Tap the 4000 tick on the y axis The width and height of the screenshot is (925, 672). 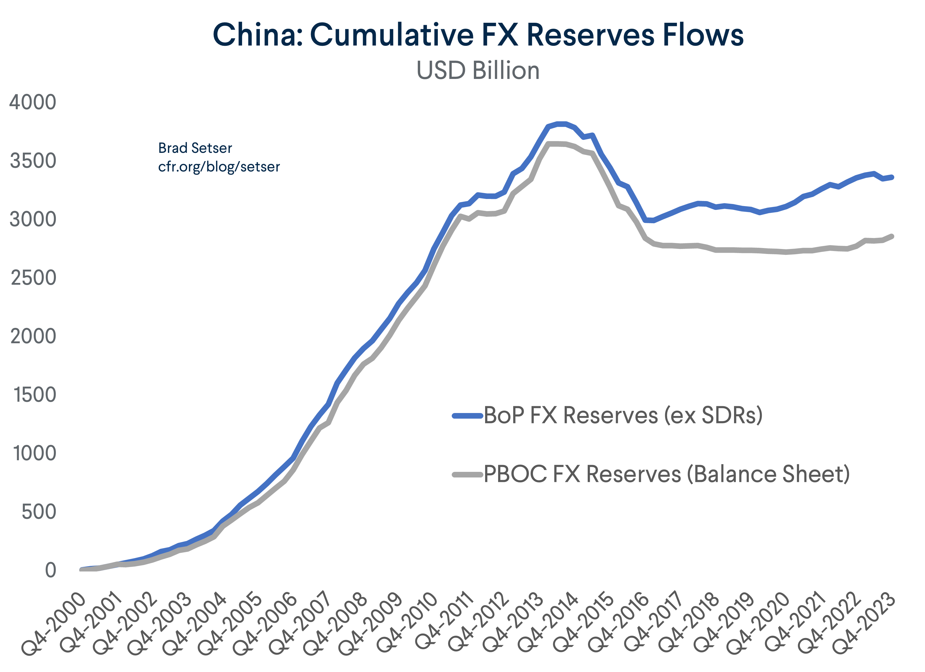(33, 102)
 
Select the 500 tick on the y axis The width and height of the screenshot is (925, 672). (39, 512)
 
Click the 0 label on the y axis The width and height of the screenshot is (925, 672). (50, 570)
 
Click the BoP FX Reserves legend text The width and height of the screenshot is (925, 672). (623, 415)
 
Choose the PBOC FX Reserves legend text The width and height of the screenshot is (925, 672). (666, 474)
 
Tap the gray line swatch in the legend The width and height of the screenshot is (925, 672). (467, 474)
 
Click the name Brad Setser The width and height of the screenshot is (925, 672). (195, 148)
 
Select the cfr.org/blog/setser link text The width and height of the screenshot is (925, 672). (219, 167)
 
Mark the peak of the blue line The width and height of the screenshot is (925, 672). (561, 124)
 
